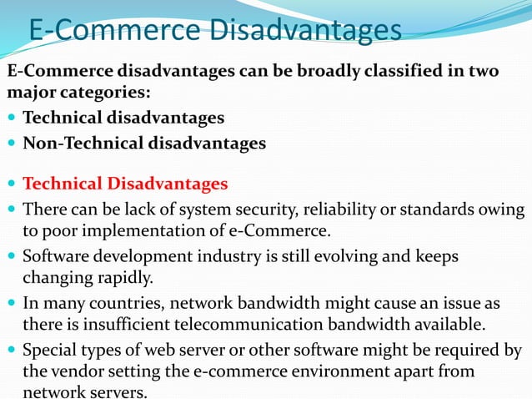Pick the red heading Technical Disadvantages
tap(125, 184)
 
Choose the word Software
tap(53, 255)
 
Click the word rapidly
tap(116, 276)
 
